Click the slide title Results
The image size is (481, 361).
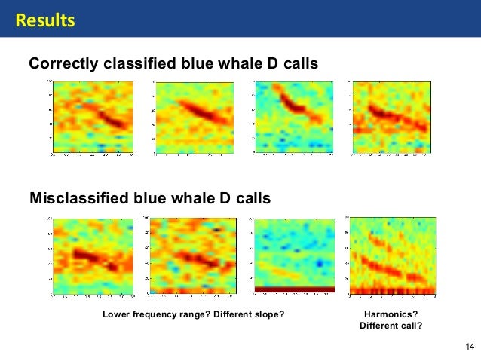tap(46, 20)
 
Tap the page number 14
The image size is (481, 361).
tap(470, 347)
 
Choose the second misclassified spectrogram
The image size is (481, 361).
tap(192, 256)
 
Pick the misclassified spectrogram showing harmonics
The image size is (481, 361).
tap(393, 256)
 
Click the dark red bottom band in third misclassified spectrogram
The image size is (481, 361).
tap(294, 289)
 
